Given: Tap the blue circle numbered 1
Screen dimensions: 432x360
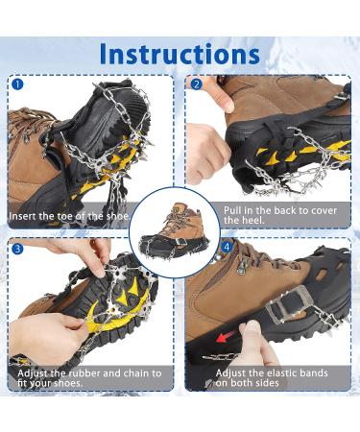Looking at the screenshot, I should click(16, 84).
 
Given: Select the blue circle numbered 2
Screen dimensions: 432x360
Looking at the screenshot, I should click(197, 84).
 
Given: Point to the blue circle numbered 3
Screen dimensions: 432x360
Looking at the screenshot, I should click(16, 248).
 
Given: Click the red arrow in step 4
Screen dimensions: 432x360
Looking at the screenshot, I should click(227, 337).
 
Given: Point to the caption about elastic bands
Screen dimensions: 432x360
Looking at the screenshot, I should click(272, 377).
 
